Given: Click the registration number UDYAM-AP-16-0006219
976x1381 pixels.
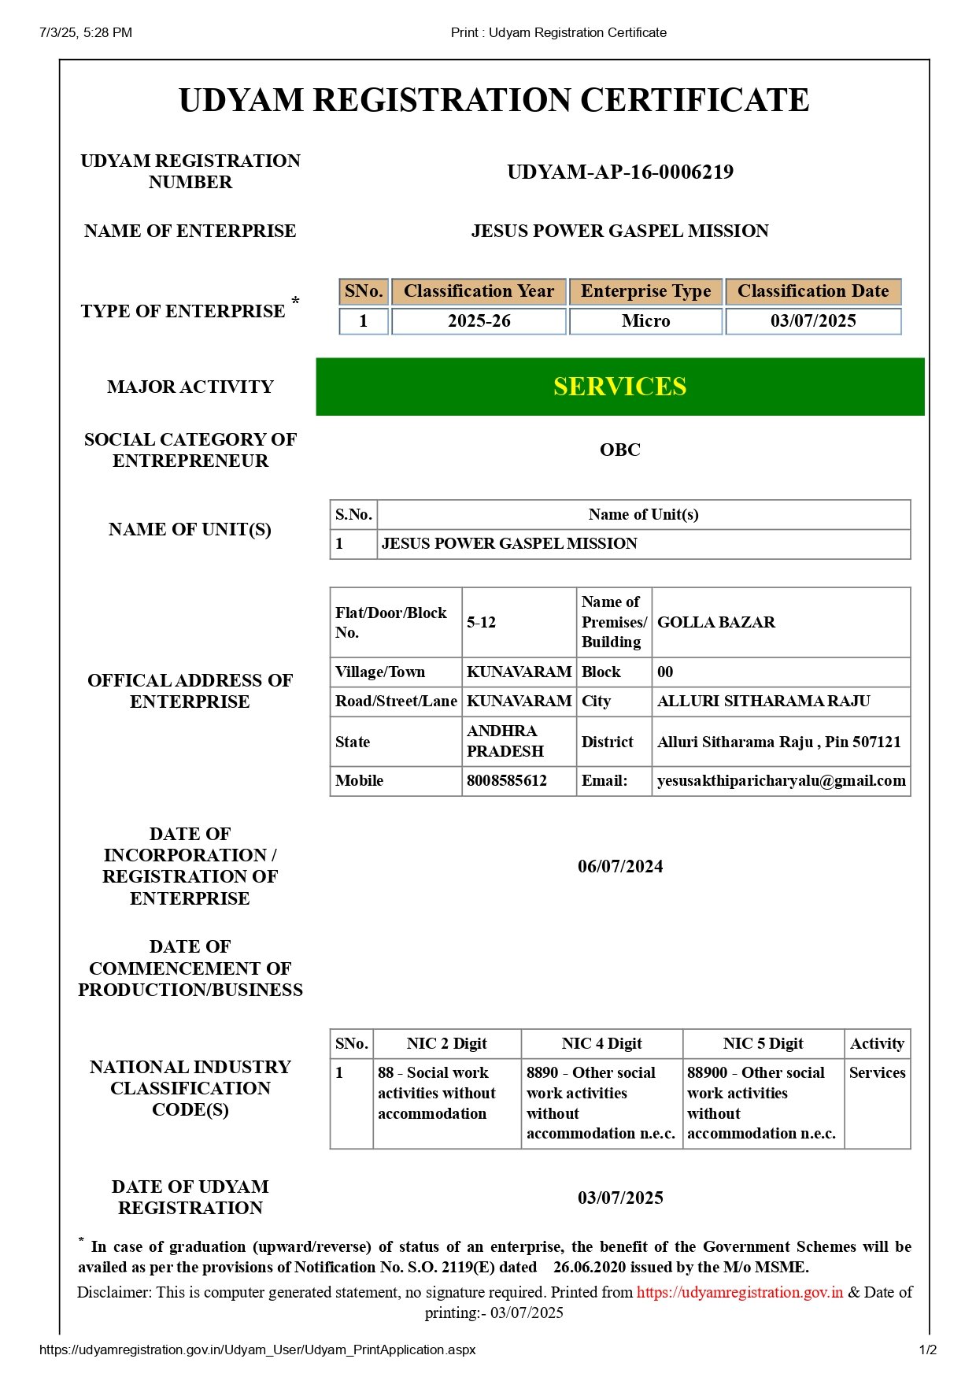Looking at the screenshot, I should point(620,172).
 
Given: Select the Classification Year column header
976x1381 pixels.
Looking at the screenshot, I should point(479,291).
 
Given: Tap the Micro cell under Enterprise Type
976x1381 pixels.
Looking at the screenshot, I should point(645,321).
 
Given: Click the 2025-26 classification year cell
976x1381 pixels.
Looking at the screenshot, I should point(479,321).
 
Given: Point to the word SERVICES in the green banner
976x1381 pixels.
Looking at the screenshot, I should point(619,387).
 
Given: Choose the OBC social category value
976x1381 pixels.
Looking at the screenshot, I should point(620,450).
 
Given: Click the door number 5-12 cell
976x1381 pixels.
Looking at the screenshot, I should point(482,623).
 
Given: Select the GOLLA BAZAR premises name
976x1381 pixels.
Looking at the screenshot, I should point(716,623).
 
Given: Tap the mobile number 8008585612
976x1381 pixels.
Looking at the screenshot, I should point(507,781).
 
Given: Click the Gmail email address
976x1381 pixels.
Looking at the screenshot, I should point(781,781).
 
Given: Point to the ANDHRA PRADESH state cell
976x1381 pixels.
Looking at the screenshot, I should point(505,742).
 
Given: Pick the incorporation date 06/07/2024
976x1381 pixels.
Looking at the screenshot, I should point(620,867).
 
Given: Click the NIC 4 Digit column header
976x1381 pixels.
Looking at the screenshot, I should point(601,1044).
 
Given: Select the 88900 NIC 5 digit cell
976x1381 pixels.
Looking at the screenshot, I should point(761,1103).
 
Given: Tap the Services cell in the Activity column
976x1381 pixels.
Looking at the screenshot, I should point(877,1073).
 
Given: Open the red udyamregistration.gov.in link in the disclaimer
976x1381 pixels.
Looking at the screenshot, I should point(739,1292).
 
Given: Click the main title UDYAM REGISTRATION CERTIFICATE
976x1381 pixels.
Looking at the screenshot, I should point(494,101).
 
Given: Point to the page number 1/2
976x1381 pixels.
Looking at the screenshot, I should point(928,1350).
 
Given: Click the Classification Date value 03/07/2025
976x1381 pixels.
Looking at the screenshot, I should point(813,321).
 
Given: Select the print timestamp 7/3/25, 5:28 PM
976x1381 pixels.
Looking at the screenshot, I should point(86,32).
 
